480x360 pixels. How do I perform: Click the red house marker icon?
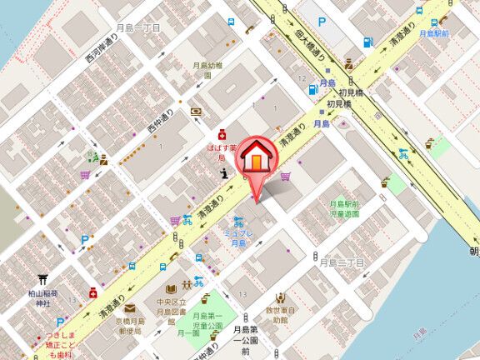tap(259, 155)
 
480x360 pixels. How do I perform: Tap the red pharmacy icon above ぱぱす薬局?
tap(222, 133)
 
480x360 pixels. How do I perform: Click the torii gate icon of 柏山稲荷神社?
tap(42, 281)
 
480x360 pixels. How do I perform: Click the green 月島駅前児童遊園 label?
tap(343, 209)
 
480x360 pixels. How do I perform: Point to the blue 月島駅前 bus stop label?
tap(434, 33)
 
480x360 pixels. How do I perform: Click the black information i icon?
tap(224, 173)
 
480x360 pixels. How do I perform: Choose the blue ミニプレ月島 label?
tap(238, 238)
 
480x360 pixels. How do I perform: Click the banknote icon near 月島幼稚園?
tap(196, 110)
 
